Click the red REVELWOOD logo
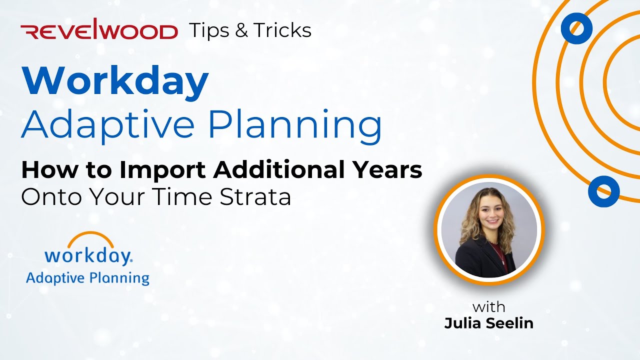point(99,31)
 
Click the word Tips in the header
point(209,30)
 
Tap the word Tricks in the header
point(282,30)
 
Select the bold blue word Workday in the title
point(114,81)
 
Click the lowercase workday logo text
point(87,256)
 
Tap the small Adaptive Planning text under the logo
point(87,278)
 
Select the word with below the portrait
point(488,306)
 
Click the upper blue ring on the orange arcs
point(576,28)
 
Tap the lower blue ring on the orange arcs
point(603,191)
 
